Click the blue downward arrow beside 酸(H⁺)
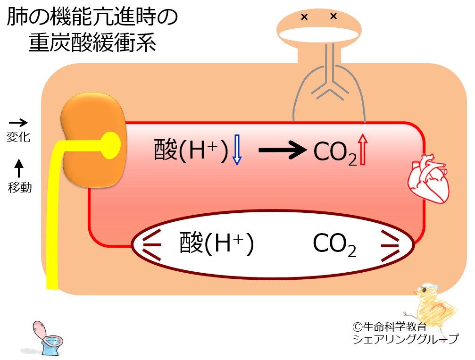(237, 150)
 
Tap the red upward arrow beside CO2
(362, 150)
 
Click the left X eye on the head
(304, 17)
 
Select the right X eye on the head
(333, 17)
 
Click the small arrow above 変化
(19, 123)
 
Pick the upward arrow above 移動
(19, 167)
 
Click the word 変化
(19, 137)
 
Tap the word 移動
(20, 187)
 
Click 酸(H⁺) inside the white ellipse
(217, 243)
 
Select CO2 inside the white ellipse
(334, 244)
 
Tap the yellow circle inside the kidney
(110, 142)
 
